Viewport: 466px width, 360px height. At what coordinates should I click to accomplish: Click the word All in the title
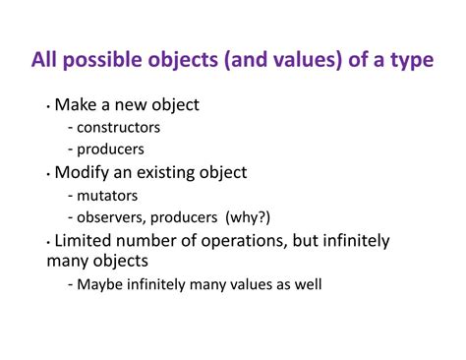click(x=44, y=61)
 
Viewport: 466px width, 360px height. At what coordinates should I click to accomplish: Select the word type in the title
click(x=410, y=61)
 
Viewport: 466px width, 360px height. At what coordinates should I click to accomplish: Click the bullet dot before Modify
click(x=48, y=173)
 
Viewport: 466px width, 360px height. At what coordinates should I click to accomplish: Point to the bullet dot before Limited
click(x=48, y=241)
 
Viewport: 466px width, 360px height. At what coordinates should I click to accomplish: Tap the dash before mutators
click(x=70, y=196)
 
